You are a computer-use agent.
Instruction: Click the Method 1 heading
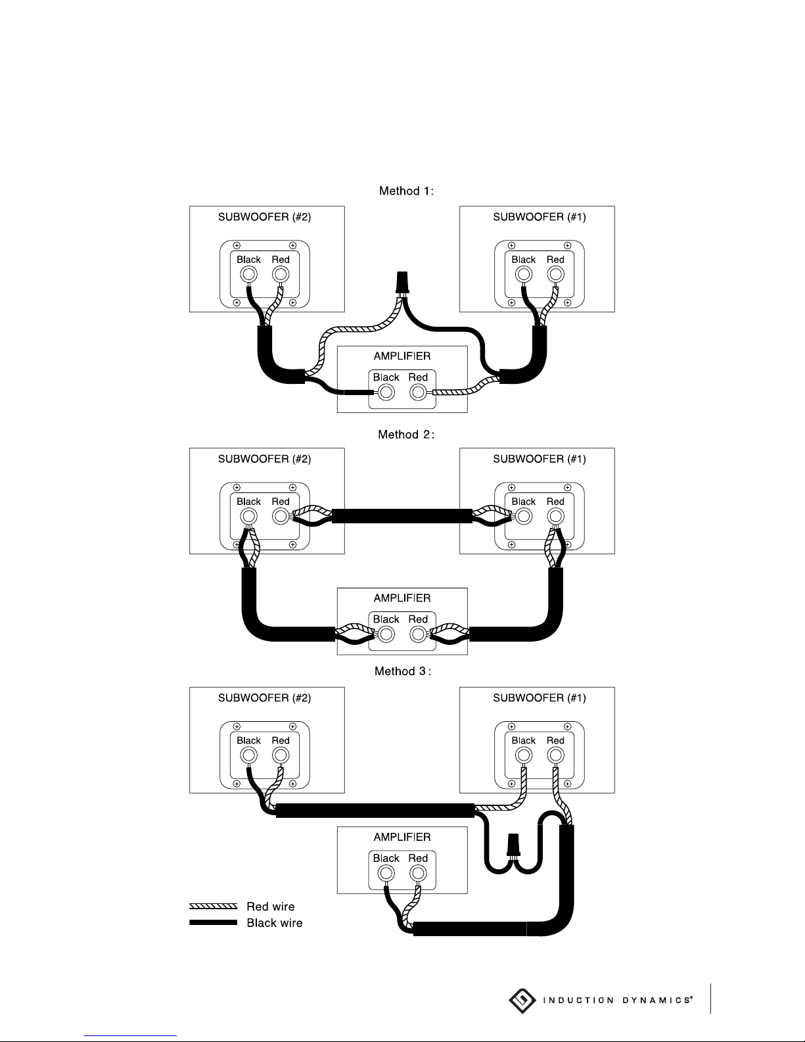point(406,191)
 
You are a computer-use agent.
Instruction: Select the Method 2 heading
point(406,435)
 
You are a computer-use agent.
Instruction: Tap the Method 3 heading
point(402,671)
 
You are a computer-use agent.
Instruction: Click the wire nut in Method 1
point(402,283)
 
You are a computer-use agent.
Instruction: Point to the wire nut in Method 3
point(513,845)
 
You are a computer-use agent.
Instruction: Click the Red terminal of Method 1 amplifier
point(418,392)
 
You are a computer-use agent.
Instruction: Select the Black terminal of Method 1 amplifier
point(386,392)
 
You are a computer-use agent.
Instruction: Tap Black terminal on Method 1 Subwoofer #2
point(248,275)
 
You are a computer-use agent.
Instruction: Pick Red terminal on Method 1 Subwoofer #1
point(555,275)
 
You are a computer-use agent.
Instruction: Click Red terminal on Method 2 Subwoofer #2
point(281,517)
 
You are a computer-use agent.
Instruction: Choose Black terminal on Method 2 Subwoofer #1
point(524,517)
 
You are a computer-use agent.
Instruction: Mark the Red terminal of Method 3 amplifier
point(418,873)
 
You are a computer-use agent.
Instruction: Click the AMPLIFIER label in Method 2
point(402,598)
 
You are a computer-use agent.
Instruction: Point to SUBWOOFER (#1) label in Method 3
point(540,698)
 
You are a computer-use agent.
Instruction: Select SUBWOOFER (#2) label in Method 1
point(264,217)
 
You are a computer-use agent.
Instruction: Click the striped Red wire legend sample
point(213,906)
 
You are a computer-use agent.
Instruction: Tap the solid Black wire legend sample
point(213,922)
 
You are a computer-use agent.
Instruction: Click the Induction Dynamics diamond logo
point(522,1001)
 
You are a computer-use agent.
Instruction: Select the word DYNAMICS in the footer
point(657,1001)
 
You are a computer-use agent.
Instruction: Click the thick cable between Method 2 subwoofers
point(402,516)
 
